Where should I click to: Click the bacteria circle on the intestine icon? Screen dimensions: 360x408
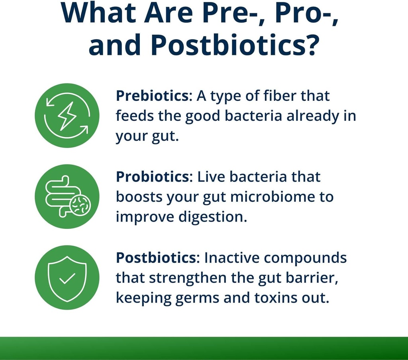80,205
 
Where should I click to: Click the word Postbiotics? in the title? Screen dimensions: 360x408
235,45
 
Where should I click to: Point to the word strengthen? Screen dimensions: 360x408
189,278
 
